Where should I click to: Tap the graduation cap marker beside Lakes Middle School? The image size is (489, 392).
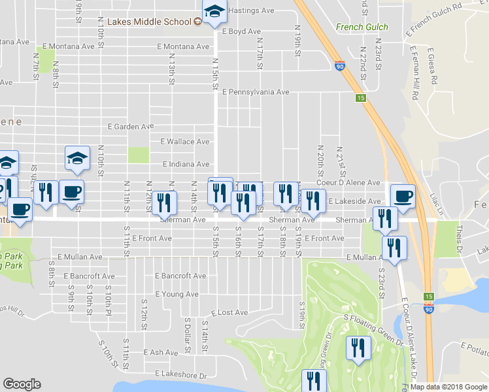[x=214, y=12]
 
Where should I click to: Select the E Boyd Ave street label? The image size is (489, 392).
[x=241, y=31]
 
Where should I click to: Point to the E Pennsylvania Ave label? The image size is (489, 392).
[x=255, y=92]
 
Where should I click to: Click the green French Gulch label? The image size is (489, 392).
[x=362, y=27]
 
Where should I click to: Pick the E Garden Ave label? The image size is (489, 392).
[x=131, y=126]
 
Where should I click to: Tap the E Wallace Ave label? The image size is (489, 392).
[x=184, y=142]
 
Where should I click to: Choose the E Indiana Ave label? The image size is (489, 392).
[x=185, y=164]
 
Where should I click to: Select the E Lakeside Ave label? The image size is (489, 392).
[x=354, y=201]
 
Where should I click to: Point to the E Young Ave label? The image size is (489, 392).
[x=176, y=295]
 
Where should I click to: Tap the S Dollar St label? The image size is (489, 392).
[x=187, y=335]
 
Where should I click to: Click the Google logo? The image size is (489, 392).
[x=22, y=384]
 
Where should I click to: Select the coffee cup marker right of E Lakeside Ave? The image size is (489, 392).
[x=403, y=196]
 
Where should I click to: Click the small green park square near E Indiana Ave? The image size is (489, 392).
[x=139, y=155]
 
